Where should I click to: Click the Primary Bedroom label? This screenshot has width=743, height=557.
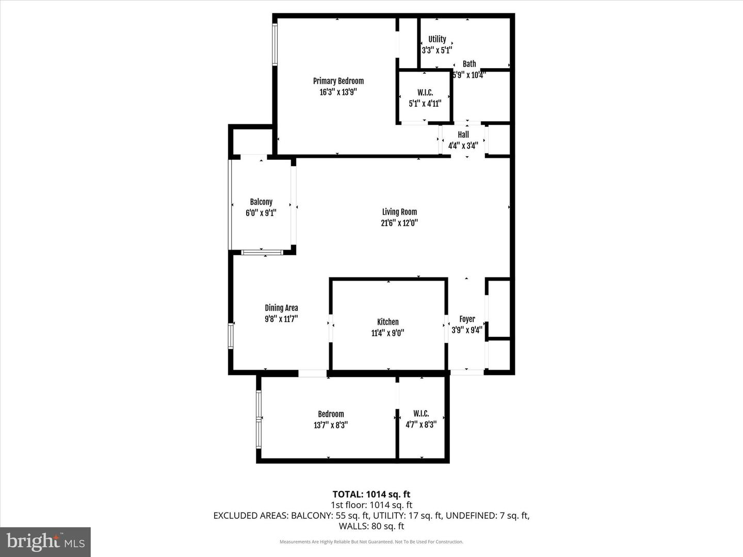[338, 81]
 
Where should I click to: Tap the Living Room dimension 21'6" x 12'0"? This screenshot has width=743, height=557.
[399, 223]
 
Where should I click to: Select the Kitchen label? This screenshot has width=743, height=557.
[387, 322]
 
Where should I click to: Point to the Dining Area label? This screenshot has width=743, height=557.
[281, 308]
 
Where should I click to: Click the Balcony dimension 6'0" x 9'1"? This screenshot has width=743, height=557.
[261, 213]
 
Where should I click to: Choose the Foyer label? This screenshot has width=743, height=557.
[467, 319]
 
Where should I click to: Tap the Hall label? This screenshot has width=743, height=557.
[463, 135]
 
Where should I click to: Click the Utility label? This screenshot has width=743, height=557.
[437, 39]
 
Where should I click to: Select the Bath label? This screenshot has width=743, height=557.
[469, 64]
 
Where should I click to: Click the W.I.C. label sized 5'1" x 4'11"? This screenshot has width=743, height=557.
[425, 93]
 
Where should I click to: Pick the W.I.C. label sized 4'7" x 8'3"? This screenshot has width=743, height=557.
[421, 414]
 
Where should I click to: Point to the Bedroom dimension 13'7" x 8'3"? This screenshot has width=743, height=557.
[331, 425]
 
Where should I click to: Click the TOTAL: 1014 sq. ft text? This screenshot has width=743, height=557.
[372, 495]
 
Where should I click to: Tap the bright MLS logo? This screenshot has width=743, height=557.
[45, 542]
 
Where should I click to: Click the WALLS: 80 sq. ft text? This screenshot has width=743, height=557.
[372, 526]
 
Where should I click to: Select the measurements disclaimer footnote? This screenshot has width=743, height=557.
[372, 542]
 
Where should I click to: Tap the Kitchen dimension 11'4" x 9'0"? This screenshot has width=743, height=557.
[387, 333]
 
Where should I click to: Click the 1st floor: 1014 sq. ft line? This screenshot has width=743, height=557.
[372, 505]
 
